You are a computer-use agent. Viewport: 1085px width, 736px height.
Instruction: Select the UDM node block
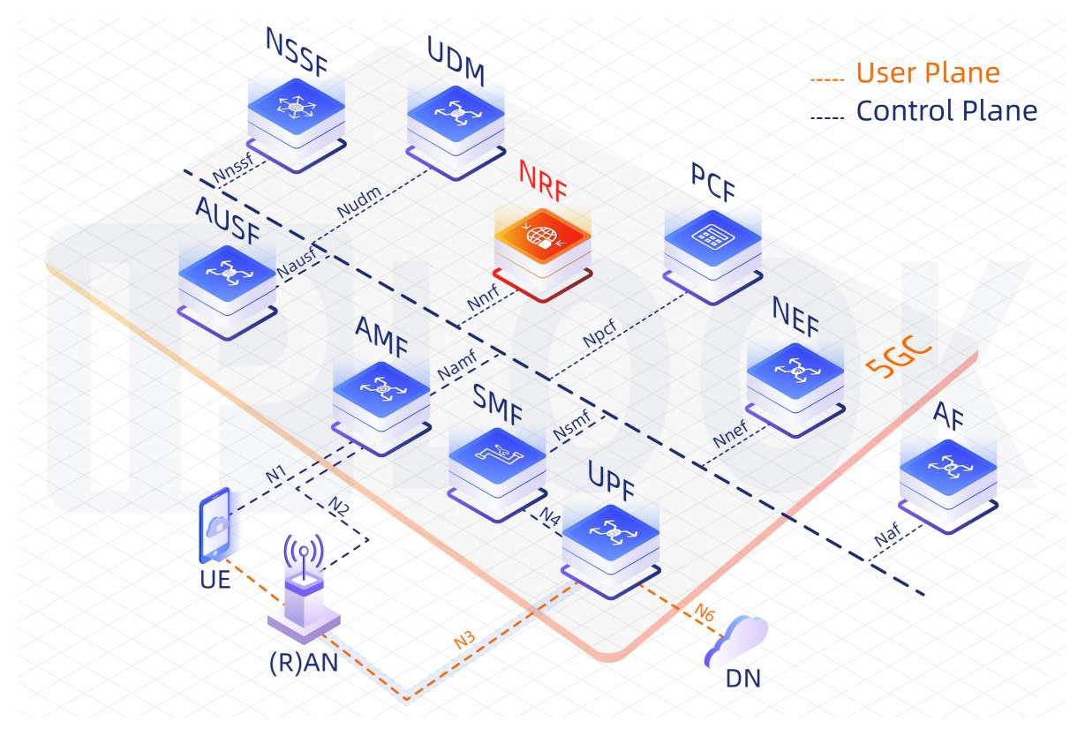click(456, 124)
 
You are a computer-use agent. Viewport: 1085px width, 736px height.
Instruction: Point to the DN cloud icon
click(736, 641)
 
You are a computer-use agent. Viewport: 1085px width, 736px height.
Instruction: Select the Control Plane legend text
click(946, 111)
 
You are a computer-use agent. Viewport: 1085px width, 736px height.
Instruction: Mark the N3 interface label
click(465, 641)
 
